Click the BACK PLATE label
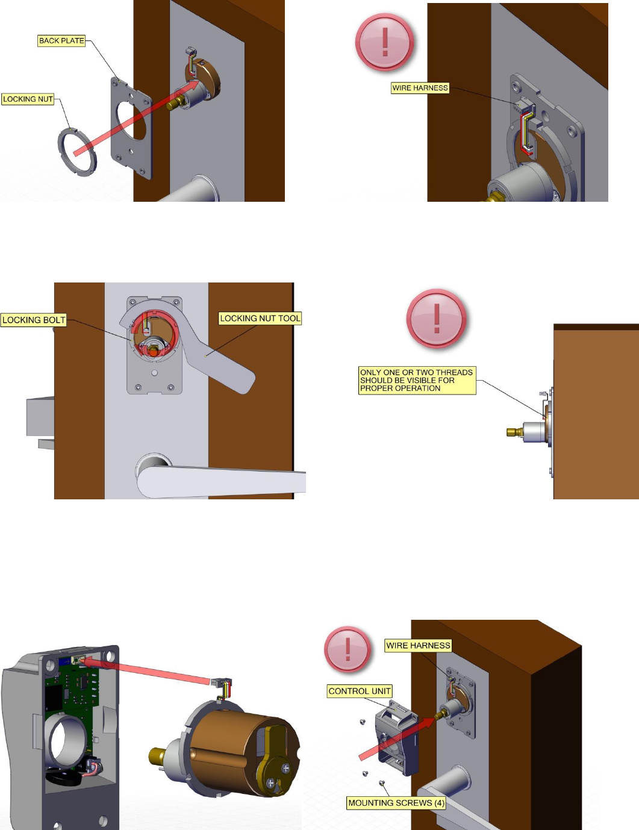(61, 41)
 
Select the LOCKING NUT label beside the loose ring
(28, 99)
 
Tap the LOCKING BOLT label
(33, 320)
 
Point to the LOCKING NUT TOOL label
(260, 319)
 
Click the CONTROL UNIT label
(360, 691)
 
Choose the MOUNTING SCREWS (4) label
(396, 803)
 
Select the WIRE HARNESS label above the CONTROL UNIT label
(418, 646)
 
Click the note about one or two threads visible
(417, 381)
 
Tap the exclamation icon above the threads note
(437, 319)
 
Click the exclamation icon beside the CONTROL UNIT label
(348, 649)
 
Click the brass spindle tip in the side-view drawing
(514, 431)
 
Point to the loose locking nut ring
(77, 152)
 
